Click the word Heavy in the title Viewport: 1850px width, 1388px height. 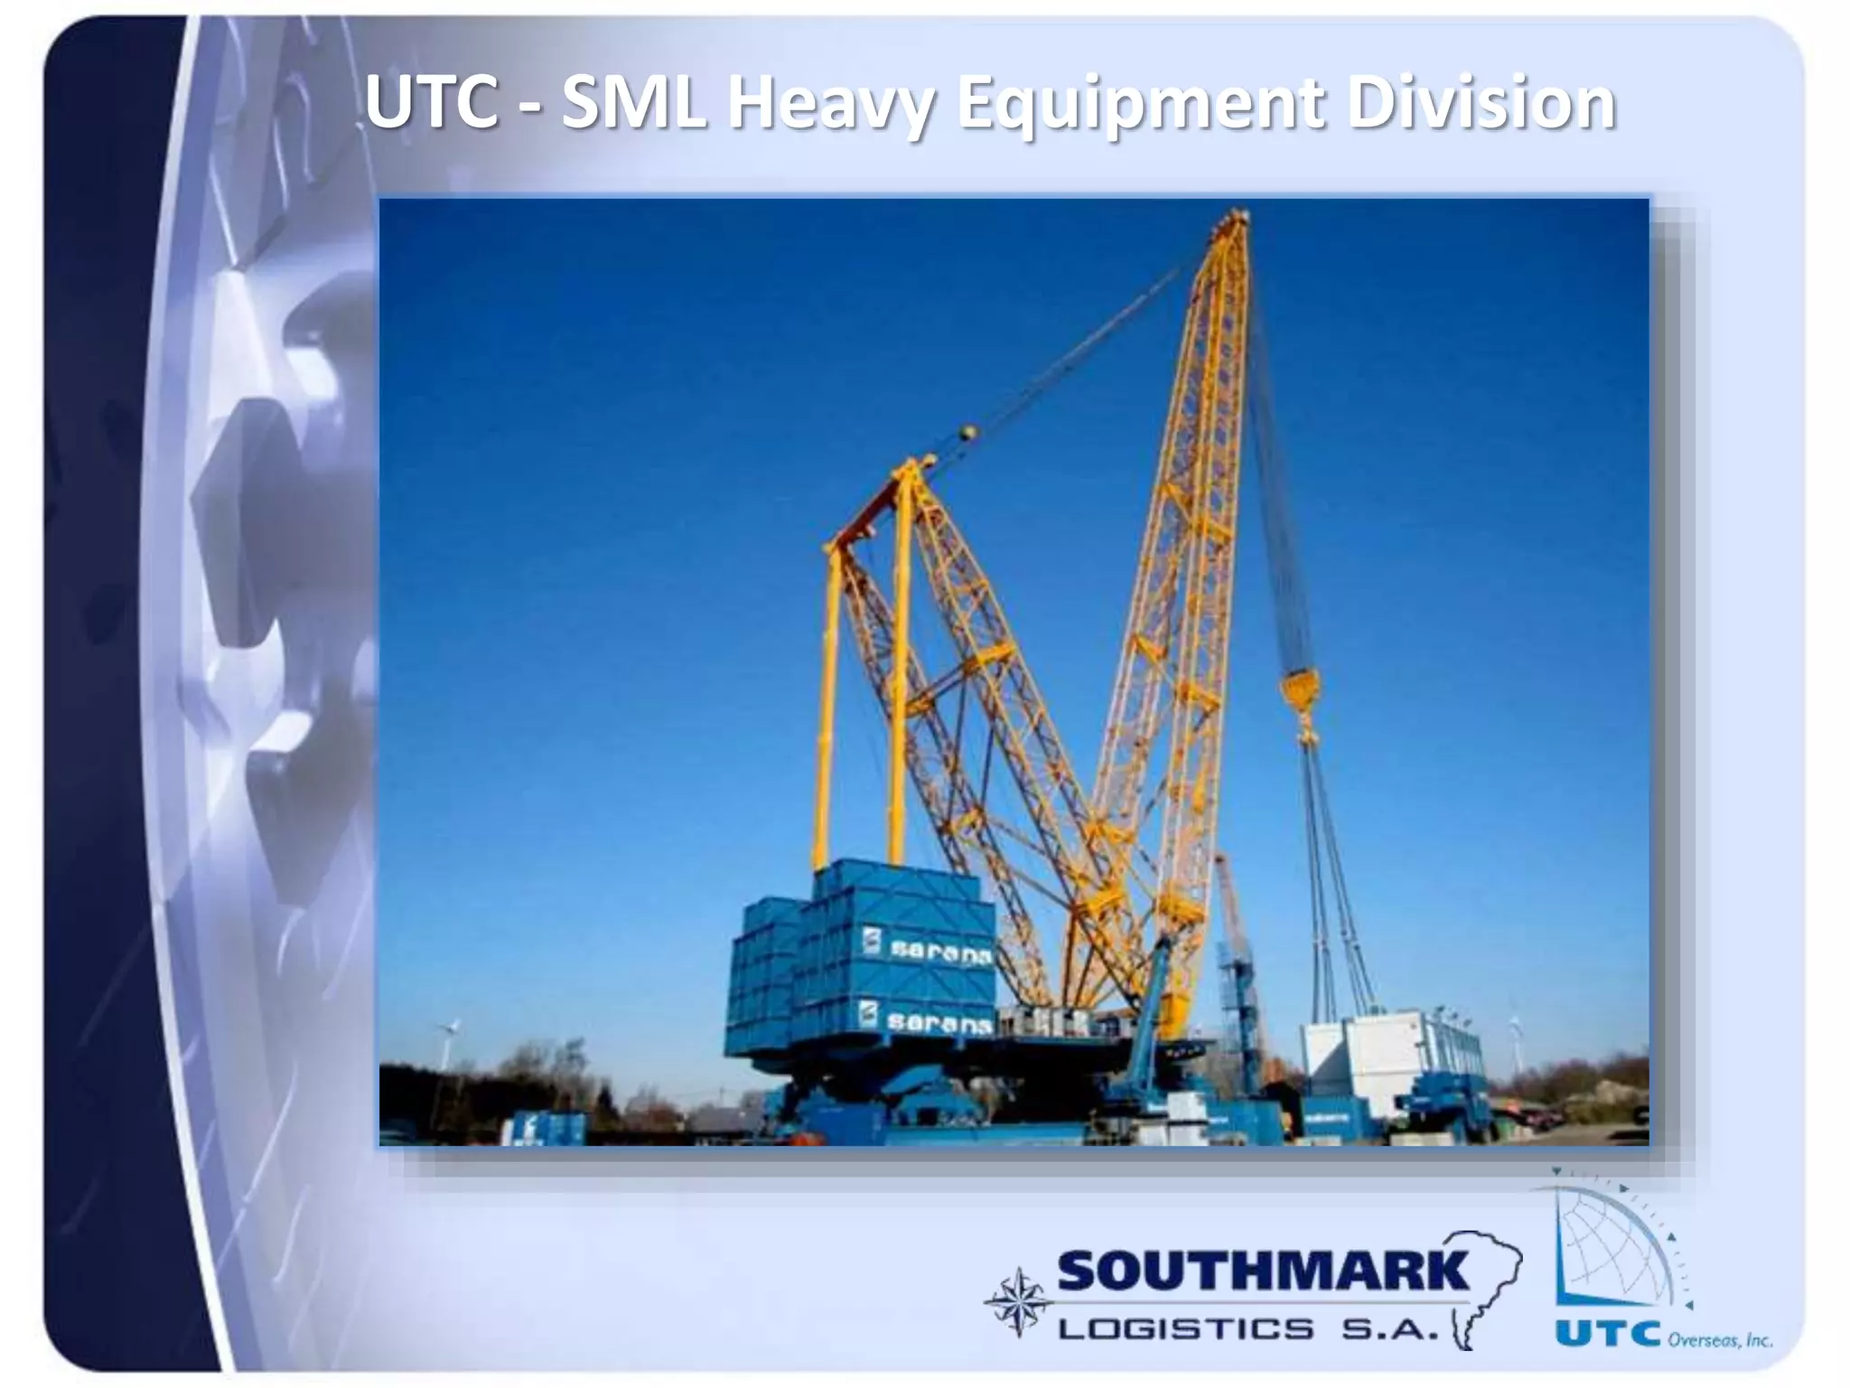[827, 104]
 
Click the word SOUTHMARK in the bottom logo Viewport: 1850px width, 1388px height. [1263, 1272]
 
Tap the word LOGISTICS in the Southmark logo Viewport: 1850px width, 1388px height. [1185, 1329]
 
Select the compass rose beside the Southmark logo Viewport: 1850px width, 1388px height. [1018, 1302]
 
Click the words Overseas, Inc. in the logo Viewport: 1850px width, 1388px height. [1719, 1339]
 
